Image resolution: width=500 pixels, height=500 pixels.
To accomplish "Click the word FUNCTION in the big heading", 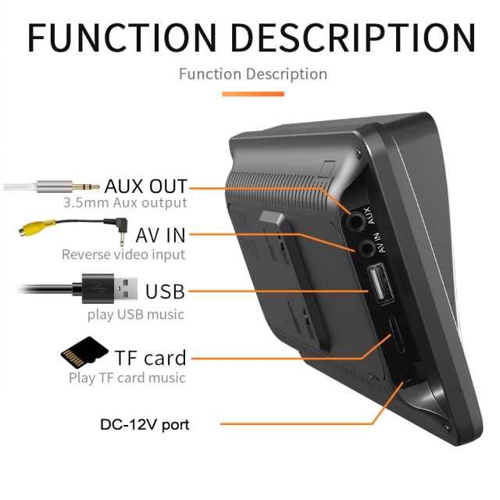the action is [x=122, y=37].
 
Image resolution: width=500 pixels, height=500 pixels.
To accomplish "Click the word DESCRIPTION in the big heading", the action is [x=353, y=37].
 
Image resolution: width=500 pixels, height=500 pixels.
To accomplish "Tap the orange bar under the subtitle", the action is [x=253, y=94].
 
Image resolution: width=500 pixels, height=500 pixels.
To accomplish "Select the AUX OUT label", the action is [x=146, y=186].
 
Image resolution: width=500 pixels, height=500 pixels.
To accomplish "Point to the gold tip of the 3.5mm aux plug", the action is [x=85, y=187].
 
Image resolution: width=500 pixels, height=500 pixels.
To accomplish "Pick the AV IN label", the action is [x=160, y=235].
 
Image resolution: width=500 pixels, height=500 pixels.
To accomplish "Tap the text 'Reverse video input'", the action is [x=123, y=255].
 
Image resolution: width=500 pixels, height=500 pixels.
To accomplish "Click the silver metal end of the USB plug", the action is [x=126, y=288].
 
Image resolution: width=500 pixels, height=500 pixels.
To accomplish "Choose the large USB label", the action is [x=165, y=291].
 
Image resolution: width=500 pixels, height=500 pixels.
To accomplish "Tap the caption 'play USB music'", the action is [x=136, y=314].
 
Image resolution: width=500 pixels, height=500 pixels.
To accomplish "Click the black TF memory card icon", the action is [x=84, y=352].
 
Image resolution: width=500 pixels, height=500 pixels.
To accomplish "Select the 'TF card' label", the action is [x=150, y=358].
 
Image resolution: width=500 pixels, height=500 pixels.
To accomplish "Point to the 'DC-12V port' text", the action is [x=145, y=424].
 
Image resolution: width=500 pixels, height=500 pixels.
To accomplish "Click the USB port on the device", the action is [x=380, y=283].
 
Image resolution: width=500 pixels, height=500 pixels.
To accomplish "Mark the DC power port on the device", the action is [x=406, y=375].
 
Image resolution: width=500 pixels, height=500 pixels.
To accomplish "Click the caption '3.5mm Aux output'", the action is [x=125, y=202].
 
